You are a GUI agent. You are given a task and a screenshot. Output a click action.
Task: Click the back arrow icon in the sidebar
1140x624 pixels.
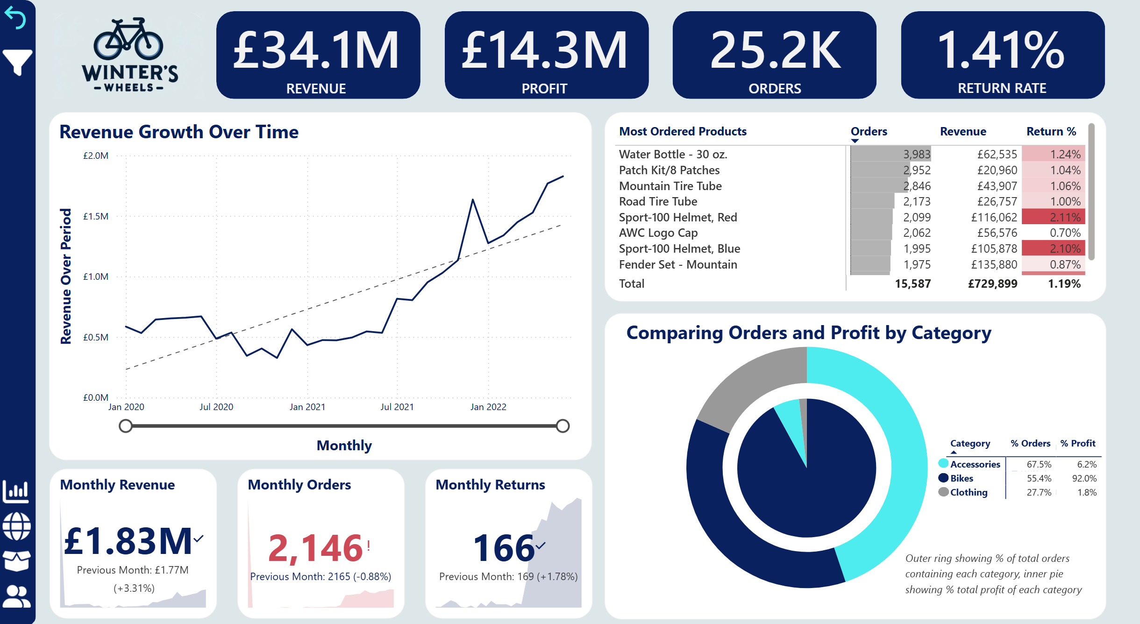[x=16, y=19]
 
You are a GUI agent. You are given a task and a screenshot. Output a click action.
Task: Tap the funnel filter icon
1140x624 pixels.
[x=17, y=62]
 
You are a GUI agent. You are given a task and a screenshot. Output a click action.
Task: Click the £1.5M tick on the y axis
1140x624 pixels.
[x=96, y=216]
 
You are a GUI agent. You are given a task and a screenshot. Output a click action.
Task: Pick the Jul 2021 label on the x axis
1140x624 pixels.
[x=397, y=407]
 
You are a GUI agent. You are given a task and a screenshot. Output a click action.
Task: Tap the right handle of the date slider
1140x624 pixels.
[x=563, y=426]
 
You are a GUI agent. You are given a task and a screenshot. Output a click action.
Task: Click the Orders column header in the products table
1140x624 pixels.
[x=869, y=132]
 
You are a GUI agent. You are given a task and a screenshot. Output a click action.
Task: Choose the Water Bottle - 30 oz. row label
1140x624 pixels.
[x=673, y=154]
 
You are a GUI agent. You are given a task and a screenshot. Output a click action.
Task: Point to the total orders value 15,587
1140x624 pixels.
[x=912, y=284]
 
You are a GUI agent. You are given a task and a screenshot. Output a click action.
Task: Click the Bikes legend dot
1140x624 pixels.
[x=943, y=478]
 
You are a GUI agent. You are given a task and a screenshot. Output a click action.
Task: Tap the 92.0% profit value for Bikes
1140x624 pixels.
[x=1084, y=478]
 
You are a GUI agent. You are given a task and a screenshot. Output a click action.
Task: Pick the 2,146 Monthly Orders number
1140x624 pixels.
[x=315, y=548]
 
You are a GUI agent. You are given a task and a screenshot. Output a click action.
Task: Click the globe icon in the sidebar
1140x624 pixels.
[x=17, y=526]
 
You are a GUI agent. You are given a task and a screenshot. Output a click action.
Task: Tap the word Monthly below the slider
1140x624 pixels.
[x=344, y=446]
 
